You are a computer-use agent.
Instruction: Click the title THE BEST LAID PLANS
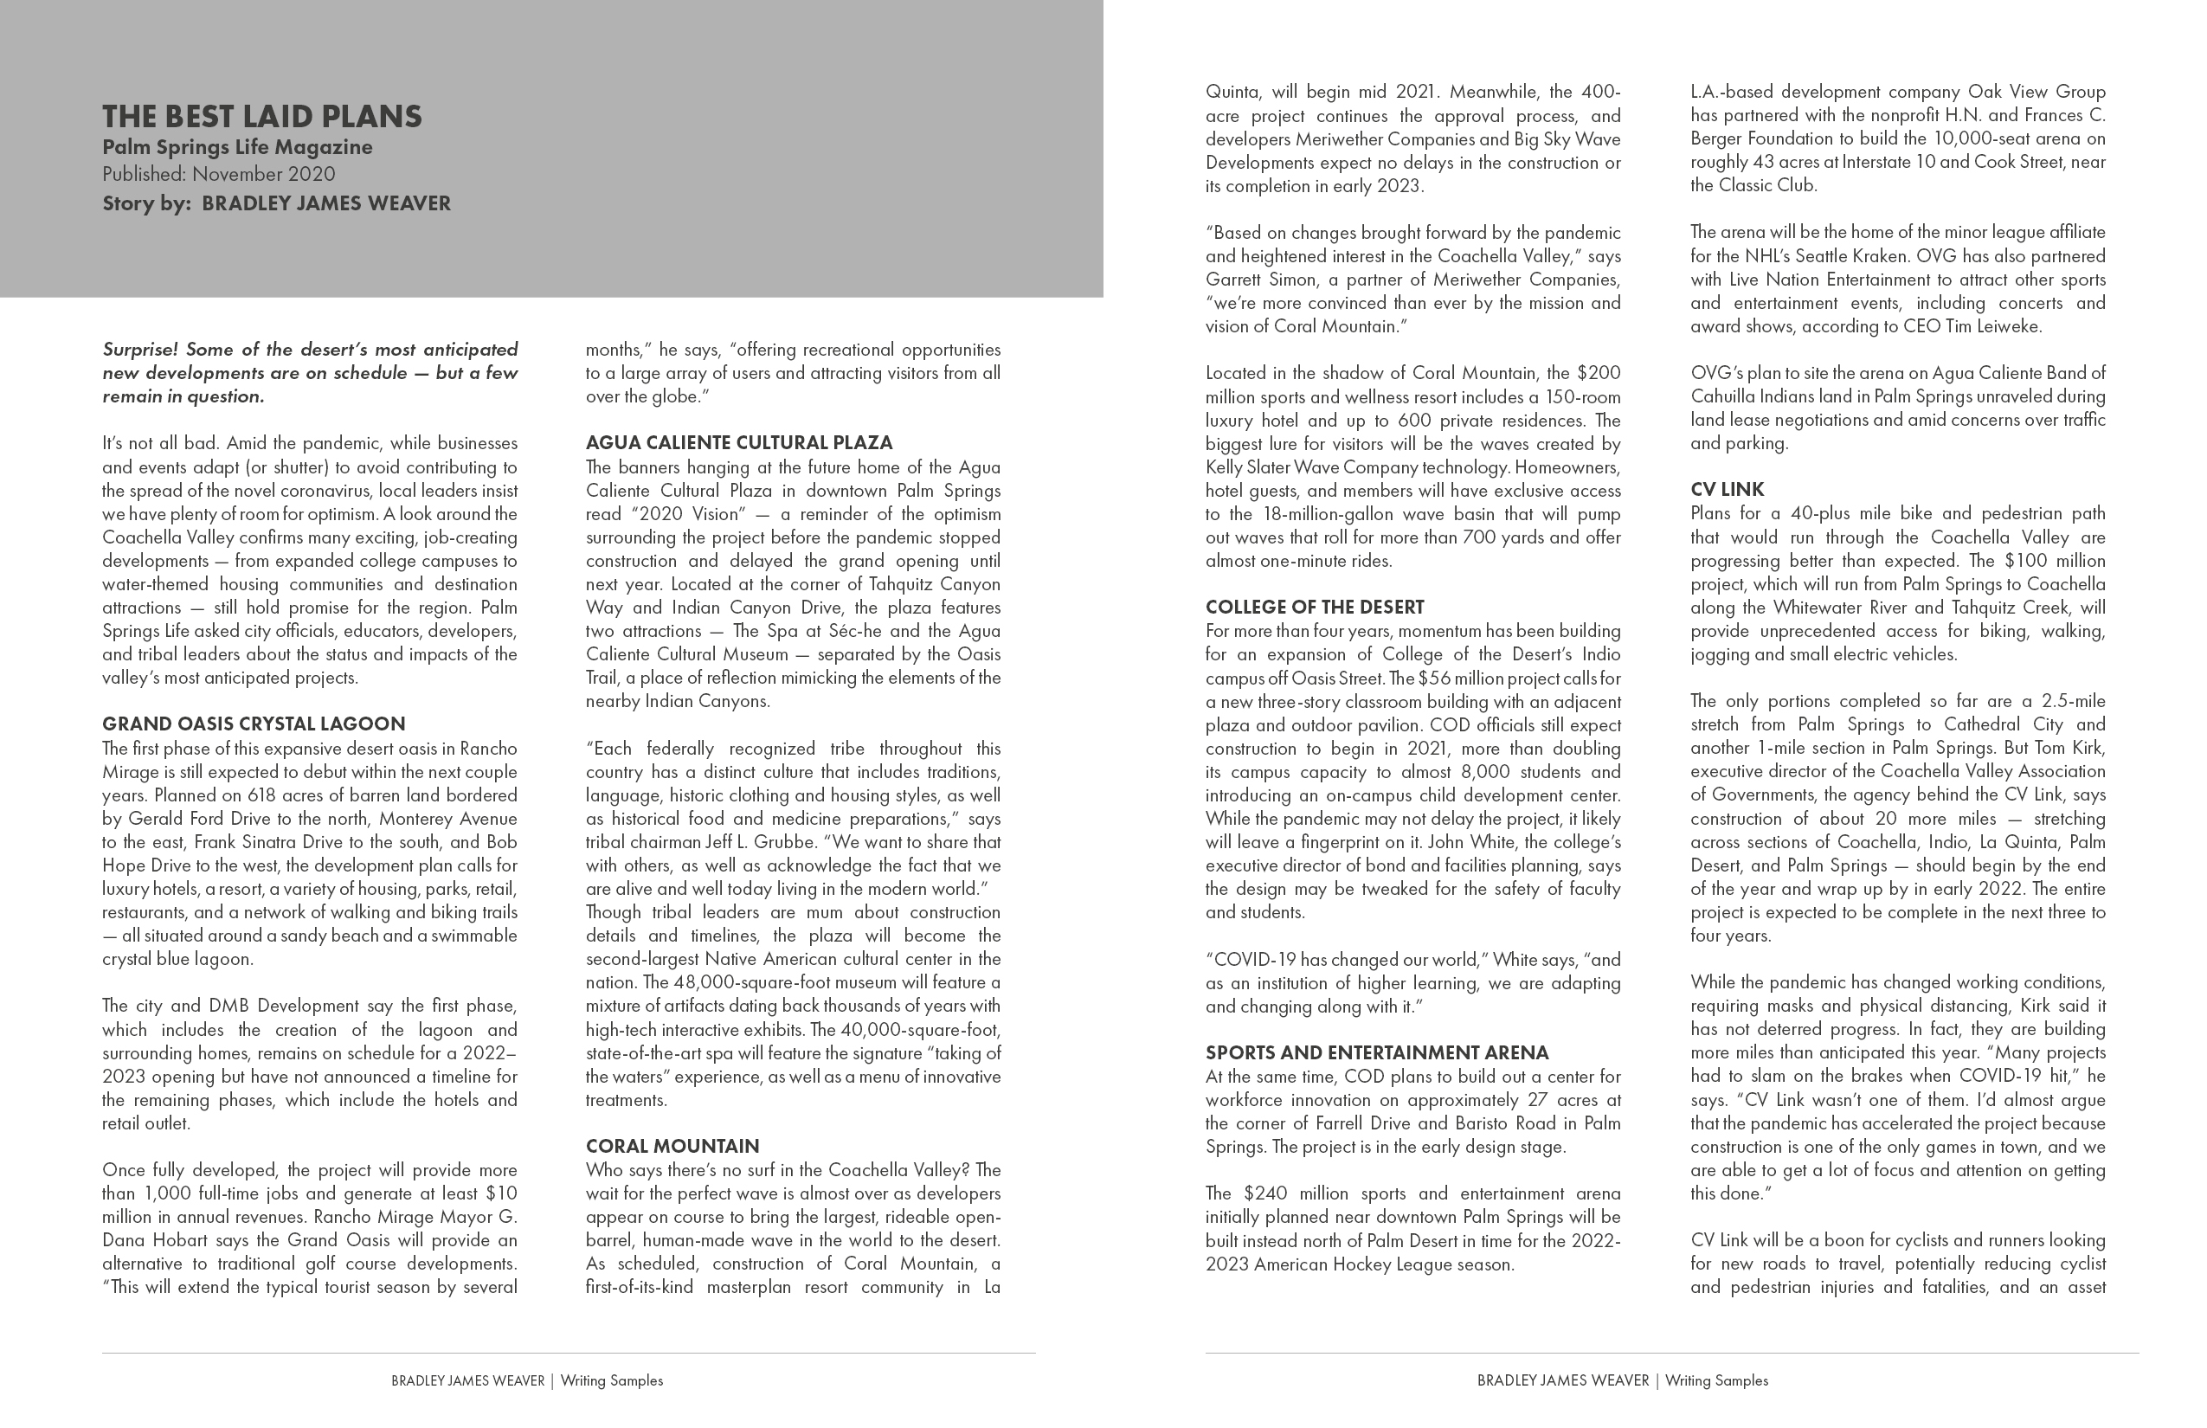[x=261, y=117]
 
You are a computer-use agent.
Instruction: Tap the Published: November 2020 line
[x=219, y=174]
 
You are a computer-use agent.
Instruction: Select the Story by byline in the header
[x=276, y=203]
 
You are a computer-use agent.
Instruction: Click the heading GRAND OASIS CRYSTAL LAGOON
[x=253, y=724]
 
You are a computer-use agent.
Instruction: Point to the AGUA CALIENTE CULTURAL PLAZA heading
[x=738, y=442]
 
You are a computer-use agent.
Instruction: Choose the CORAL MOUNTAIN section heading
[x=672, y=1146]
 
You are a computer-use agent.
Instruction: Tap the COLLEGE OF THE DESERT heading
[x=1314, y=608]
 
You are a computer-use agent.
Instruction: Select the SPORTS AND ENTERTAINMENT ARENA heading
[x=1376, y=1052]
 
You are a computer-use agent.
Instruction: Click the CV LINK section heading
[x=1727, y=490]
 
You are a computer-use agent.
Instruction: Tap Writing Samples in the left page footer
[x=611, y=1380]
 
